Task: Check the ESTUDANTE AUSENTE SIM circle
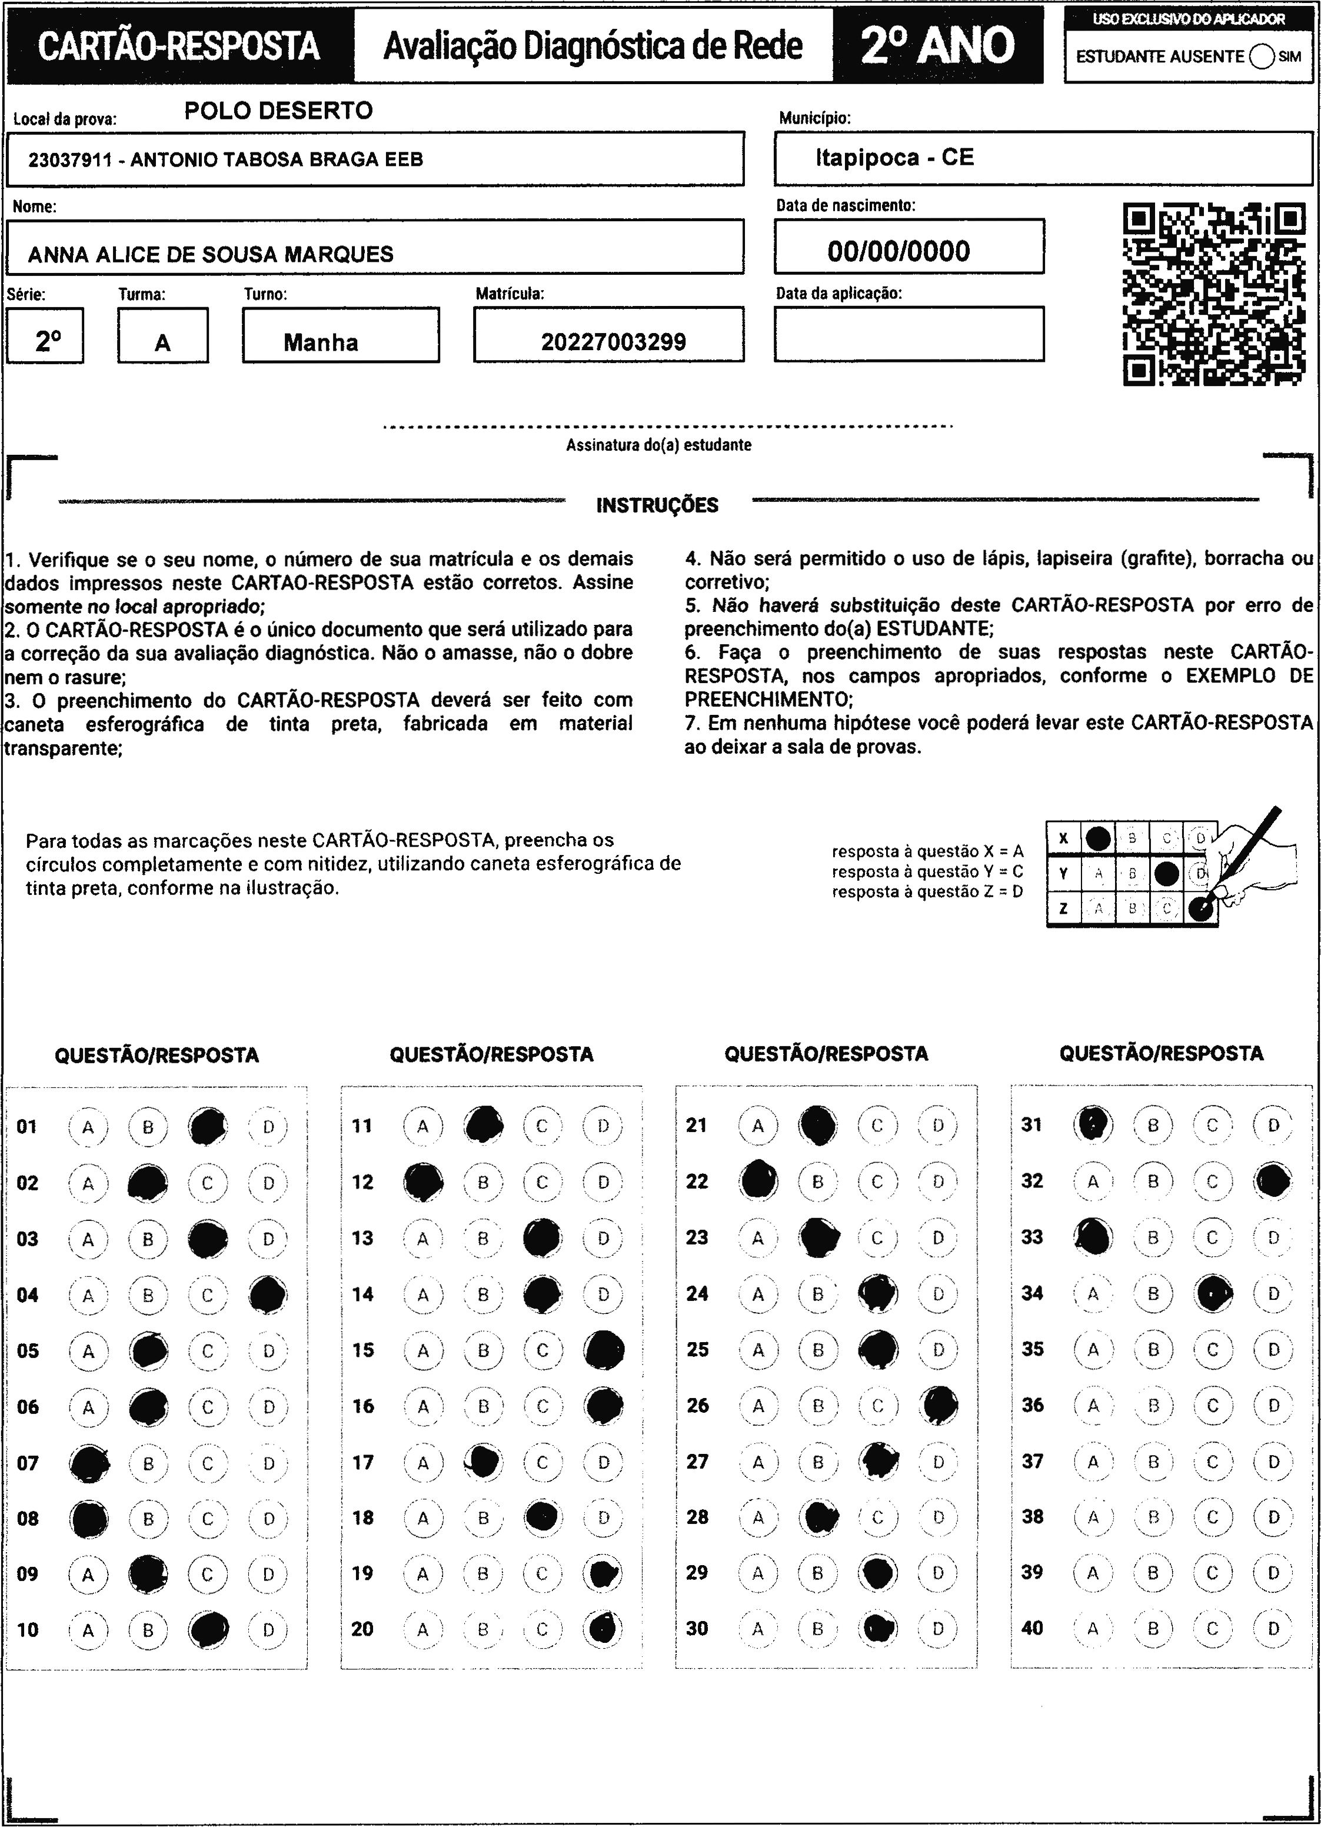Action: tap(1262, 56)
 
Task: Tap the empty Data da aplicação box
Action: tap(909, 334)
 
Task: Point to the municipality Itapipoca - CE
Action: tap(894, 157)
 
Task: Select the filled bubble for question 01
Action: tap(208, 1126)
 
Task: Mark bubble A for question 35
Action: tap(1093, 1349)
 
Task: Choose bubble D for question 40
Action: tap(1273, 1628)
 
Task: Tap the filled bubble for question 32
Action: tap(1273, 1181)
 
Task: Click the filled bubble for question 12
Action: tap(423, 1182)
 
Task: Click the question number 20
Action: tap(362, 1628)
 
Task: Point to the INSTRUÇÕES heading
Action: tap(657, 505)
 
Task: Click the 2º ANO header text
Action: tap(937, 46)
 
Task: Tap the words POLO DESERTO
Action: tap(279, 111)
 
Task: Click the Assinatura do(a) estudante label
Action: tap(658, 445)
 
